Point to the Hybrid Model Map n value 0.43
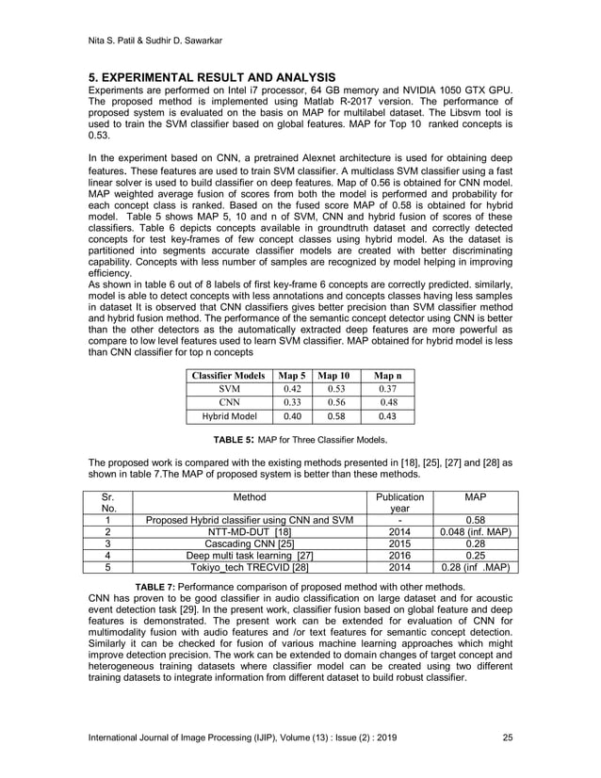point(387,419)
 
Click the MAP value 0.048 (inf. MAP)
point(475,531)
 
